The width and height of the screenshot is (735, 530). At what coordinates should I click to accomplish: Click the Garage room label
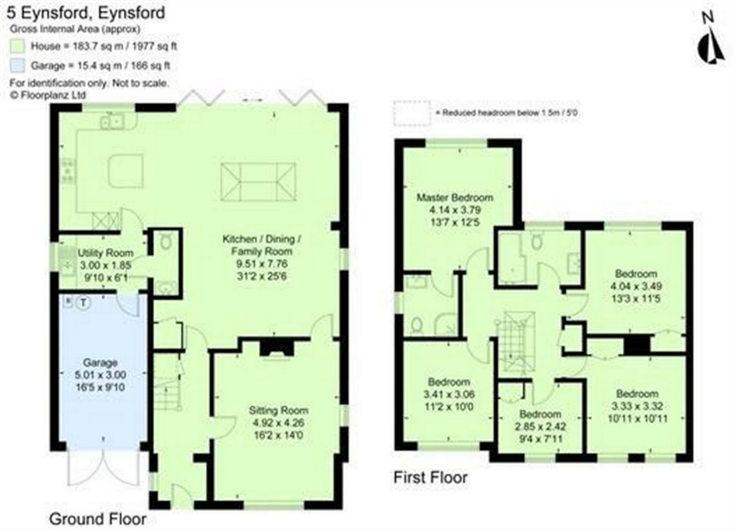tap(100, 363)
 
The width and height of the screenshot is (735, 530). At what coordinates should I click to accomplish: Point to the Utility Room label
tap(105, 253)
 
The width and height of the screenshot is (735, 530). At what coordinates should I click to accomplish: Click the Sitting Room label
tap(278, 410)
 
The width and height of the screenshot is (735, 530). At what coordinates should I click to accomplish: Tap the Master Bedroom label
tap(455, 197)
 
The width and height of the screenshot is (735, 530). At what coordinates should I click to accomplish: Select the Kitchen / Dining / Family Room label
tap(261, 245)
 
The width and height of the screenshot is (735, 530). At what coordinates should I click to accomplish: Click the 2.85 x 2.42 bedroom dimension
tap(540, 427)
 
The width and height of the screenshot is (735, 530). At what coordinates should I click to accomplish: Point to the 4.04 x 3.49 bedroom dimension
tap(636, 286)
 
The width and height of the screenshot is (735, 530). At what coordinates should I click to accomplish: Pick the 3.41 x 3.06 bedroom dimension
tap(449, 394)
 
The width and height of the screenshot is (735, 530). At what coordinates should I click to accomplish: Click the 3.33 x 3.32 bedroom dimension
tap(637, 406)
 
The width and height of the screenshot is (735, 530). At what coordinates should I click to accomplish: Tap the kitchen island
tap(126, 170)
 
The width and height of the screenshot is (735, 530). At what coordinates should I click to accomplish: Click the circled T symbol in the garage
tap(83, 302)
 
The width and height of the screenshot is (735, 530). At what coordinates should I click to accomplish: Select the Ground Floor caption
tap(98, 519)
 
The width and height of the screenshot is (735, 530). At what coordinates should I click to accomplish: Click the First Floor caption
tap(431, 478)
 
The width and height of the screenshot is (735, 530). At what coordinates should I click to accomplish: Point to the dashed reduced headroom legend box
tap(412, 113)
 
